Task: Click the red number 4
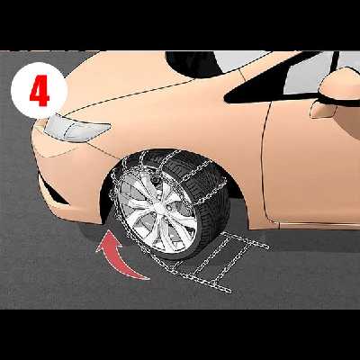click(40, 91)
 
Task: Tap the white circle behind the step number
click(39, 90)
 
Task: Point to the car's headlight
click(76, 129)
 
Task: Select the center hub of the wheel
click(159, 206)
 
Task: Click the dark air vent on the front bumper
click(52, 191)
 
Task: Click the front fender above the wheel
click(180, 120)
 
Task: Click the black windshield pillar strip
click(334, 62)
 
